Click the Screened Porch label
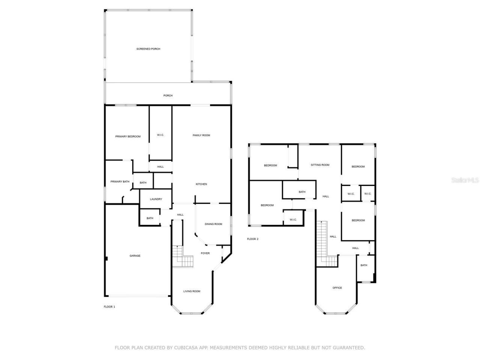click(148, 49)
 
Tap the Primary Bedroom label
click(128, 136)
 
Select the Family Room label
click(201, 135)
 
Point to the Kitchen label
click(201, 184)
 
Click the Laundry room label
click(156, 199)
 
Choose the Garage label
click(135, 256)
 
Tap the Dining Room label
click(213, 224)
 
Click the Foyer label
click(205, 253)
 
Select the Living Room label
click(192, 291)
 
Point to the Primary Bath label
click(120, 182)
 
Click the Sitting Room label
click(320, 165)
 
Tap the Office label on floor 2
click(337, 288)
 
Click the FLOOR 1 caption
click(109, 307)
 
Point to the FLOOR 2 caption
click(253, 239)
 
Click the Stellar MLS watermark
click(465, 180)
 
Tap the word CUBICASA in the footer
click(186, 348)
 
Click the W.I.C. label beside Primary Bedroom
click(160, 135)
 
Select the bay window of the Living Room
click(192, 312)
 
